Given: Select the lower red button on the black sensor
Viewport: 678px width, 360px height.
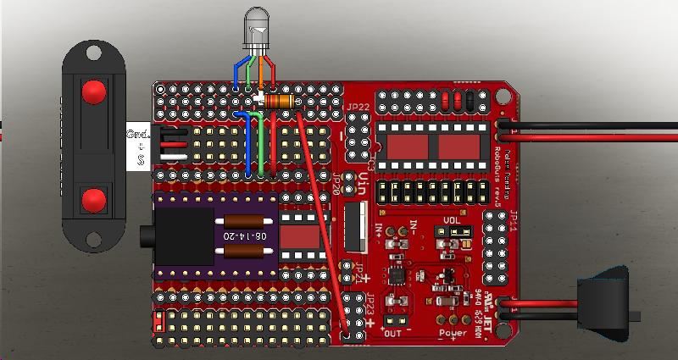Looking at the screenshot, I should click(x=93, y=200).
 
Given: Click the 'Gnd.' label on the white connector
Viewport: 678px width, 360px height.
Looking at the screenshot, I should click(x=137, y=134).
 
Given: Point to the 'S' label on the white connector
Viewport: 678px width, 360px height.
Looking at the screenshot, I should click(x=141, y=158).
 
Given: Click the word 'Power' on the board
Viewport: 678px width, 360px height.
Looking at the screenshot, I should click(x=453, y=333).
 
